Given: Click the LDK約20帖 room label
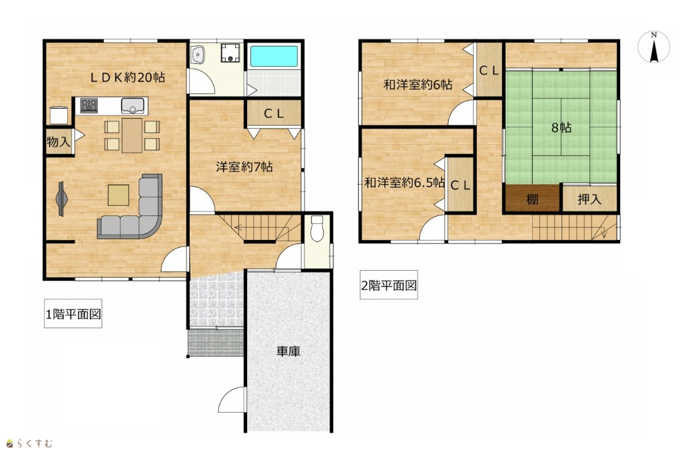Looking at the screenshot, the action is pyautogui.click(x=127, y=78).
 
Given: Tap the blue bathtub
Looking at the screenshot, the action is pyautogui.click(x=274, y=56).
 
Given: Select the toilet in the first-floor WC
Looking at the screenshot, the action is pyautogui.click(x=317, y=228).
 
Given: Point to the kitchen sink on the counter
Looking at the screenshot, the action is pyautogui.click(x=133, y=105).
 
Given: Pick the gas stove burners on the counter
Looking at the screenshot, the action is pyautogui.click(x=89, y=105).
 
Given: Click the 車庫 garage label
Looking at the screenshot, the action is pyautogui.click(x=288, y=351).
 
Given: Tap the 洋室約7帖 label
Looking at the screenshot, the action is pyautogui.click(x=244, y=167).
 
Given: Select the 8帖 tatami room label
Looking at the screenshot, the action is pyautogui.click(x=561, y=128).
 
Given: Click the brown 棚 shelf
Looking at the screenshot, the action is pyautogui.click(x=532, y=199).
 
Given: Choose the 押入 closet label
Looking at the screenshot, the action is pyautogui.click(x=589, y=199).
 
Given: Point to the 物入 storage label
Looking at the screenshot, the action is pyautogui.click(x=58, y=141).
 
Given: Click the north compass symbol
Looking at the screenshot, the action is pyautogui.click(x=653, y=47).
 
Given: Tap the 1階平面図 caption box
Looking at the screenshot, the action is pyautogui.click(x=73, y=314).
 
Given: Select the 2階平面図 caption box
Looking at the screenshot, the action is pyautogui.click(x=389, y=285).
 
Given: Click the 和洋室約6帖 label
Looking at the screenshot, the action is pyautogui.click(x=418, y=85).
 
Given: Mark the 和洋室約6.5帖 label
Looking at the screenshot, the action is pyautogui.click(x=404, y=183).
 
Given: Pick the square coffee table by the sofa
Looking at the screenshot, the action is pyautogui.click(x=119, y=195).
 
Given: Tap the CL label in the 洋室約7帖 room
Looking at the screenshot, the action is pyautogui.click(x=274, y=114).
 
